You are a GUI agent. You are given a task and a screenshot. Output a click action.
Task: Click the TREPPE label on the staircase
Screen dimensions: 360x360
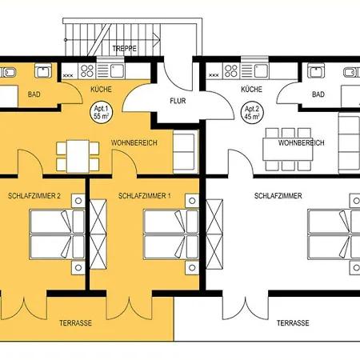pyautogui.click(x=124, y=49)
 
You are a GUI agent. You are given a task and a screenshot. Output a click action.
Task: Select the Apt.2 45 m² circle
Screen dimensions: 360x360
pyautogui.click(x=251, y=111)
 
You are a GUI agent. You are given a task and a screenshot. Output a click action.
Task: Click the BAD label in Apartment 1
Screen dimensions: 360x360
pyautogui.click(x=34, y=94)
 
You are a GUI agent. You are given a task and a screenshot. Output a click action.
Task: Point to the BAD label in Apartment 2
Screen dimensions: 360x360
pyautogui.click(x=318, y=94)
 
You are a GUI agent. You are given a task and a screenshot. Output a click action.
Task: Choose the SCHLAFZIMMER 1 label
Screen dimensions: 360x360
pyautogui.click(x=144, y=196)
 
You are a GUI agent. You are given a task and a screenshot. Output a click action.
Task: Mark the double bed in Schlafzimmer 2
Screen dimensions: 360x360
pyautogui.click(x=55, y=231)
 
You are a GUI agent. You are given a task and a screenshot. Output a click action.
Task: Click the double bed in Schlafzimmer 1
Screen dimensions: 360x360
pyautogui.click(x=167, y=231)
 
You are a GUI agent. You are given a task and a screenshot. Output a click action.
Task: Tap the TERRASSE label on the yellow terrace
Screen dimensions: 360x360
pyautogui.click(x=75, y=324)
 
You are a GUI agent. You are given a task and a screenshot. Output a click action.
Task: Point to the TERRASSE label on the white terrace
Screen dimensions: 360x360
pyautogui.click(x=293, y=324)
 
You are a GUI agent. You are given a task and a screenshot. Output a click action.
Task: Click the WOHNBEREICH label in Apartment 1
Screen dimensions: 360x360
pyautogui.click(x=134, y=143)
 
